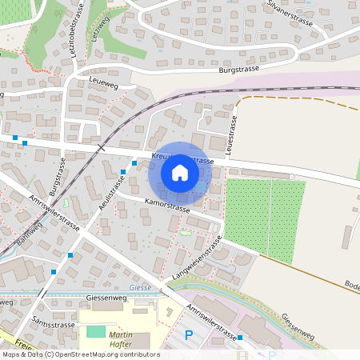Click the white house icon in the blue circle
click(180, 172)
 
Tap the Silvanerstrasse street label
click(294, 15)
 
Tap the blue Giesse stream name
click(139, 287)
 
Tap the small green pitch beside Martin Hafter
click(95, 331)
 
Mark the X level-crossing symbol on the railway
click(101, 147)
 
